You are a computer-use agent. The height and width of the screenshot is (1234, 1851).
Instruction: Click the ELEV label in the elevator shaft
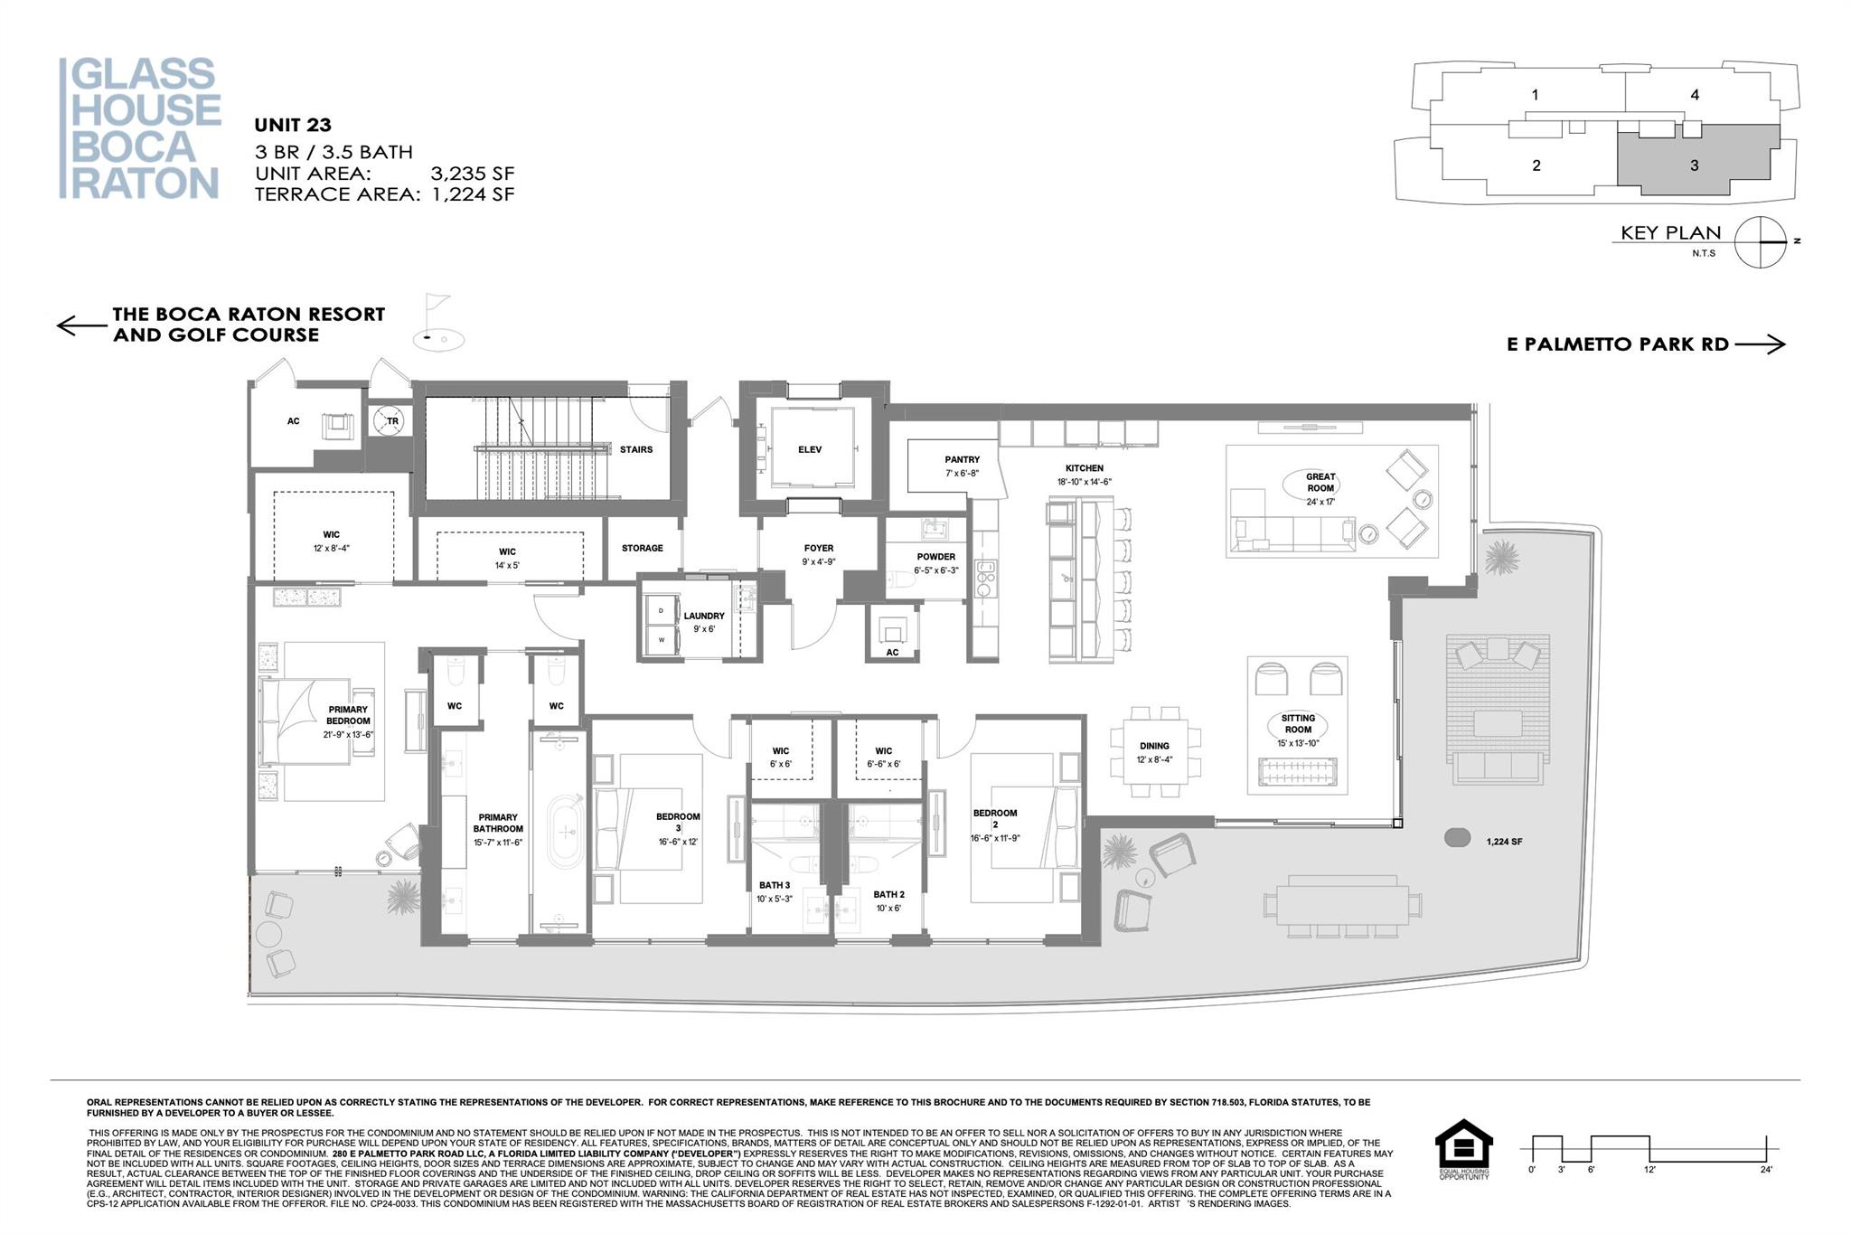coord(810,449)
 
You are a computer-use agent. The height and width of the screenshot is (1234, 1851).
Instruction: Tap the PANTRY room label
coord(962,459)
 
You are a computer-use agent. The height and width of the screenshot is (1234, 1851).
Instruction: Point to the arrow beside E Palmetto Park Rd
coord(1759,344)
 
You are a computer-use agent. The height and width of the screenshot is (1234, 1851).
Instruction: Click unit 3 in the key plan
coord(1694,165)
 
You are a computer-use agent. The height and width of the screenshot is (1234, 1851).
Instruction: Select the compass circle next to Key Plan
coord(1761,242)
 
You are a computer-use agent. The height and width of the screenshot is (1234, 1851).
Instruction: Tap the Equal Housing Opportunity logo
coord(1463,1148)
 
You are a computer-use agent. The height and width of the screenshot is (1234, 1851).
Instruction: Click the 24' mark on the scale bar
coord(1765,1169)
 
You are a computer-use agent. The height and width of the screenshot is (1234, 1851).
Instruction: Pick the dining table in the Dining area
coord(1155,751)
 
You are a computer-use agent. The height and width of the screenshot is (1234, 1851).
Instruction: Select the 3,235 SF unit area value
coord(472,174)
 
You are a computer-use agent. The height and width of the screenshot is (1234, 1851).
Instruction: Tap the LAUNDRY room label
coord(703,616)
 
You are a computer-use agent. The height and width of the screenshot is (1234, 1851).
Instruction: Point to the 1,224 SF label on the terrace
coord(1504,842)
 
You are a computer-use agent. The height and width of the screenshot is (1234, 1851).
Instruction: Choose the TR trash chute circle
coord(392,421)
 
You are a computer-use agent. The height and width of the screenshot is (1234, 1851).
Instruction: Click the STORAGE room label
coord(642,548)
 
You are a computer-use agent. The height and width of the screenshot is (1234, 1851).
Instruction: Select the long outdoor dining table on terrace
coord(1341,900)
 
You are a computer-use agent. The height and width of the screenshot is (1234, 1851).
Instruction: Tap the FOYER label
coord(818,548)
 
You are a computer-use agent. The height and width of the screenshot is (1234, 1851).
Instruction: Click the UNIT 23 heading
coord(293,126)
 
